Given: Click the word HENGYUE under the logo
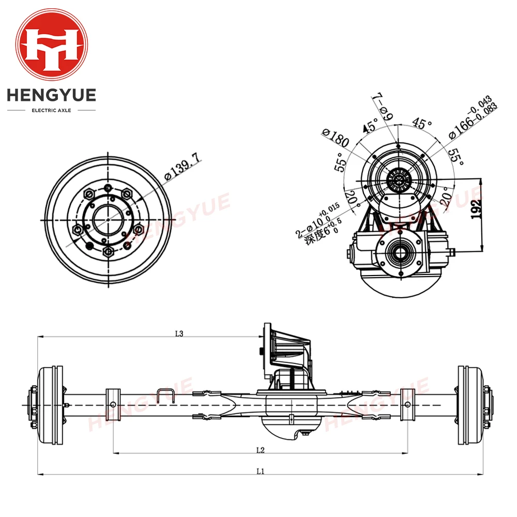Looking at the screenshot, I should tap(51, 96).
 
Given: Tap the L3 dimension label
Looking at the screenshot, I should tap(179, 334).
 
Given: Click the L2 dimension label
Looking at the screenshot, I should tap(261, 450).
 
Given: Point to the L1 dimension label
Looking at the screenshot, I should tap(260, 471).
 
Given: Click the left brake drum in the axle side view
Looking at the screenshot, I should tap(53, 404).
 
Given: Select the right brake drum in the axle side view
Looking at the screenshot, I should tap(468, 404).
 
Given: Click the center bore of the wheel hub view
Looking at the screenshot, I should tap(108, 219).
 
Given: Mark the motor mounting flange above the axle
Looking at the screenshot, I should tap(267, 352).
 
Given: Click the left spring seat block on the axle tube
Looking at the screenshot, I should tap(113, 404).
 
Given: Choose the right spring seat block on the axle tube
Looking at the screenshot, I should tap(408, 404).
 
